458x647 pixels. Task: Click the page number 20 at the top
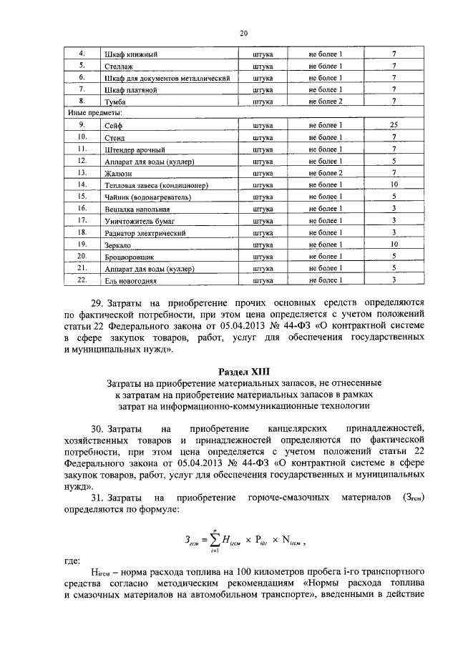click(x=243, y=33)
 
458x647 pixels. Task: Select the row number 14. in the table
click(x=82, y=184)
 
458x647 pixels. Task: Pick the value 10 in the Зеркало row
click(x=394, y=245)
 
